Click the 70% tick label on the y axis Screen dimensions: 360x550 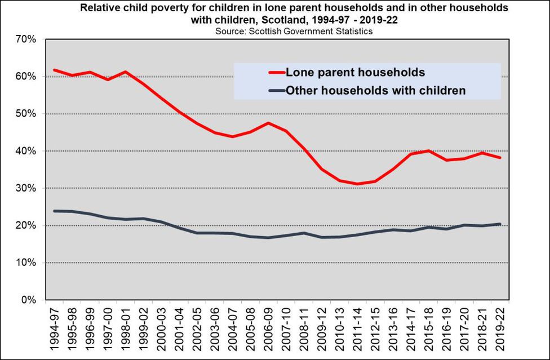tap(25, 39)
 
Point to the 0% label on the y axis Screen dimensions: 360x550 tap(28, 300)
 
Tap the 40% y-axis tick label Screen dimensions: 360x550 tap(25, 151)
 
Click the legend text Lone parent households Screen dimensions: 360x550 tap(355, 72)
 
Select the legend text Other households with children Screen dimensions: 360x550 tap(375, 90)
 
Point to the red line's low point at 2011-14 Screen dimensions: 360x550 tap(356, 184)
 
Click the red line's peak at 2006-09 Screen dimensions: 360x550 tap(268, 123)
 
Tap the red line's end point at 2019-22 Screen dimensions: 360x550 tap(499, 158)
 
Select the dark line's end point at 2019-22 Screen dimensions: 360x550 tap(499, 224)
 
